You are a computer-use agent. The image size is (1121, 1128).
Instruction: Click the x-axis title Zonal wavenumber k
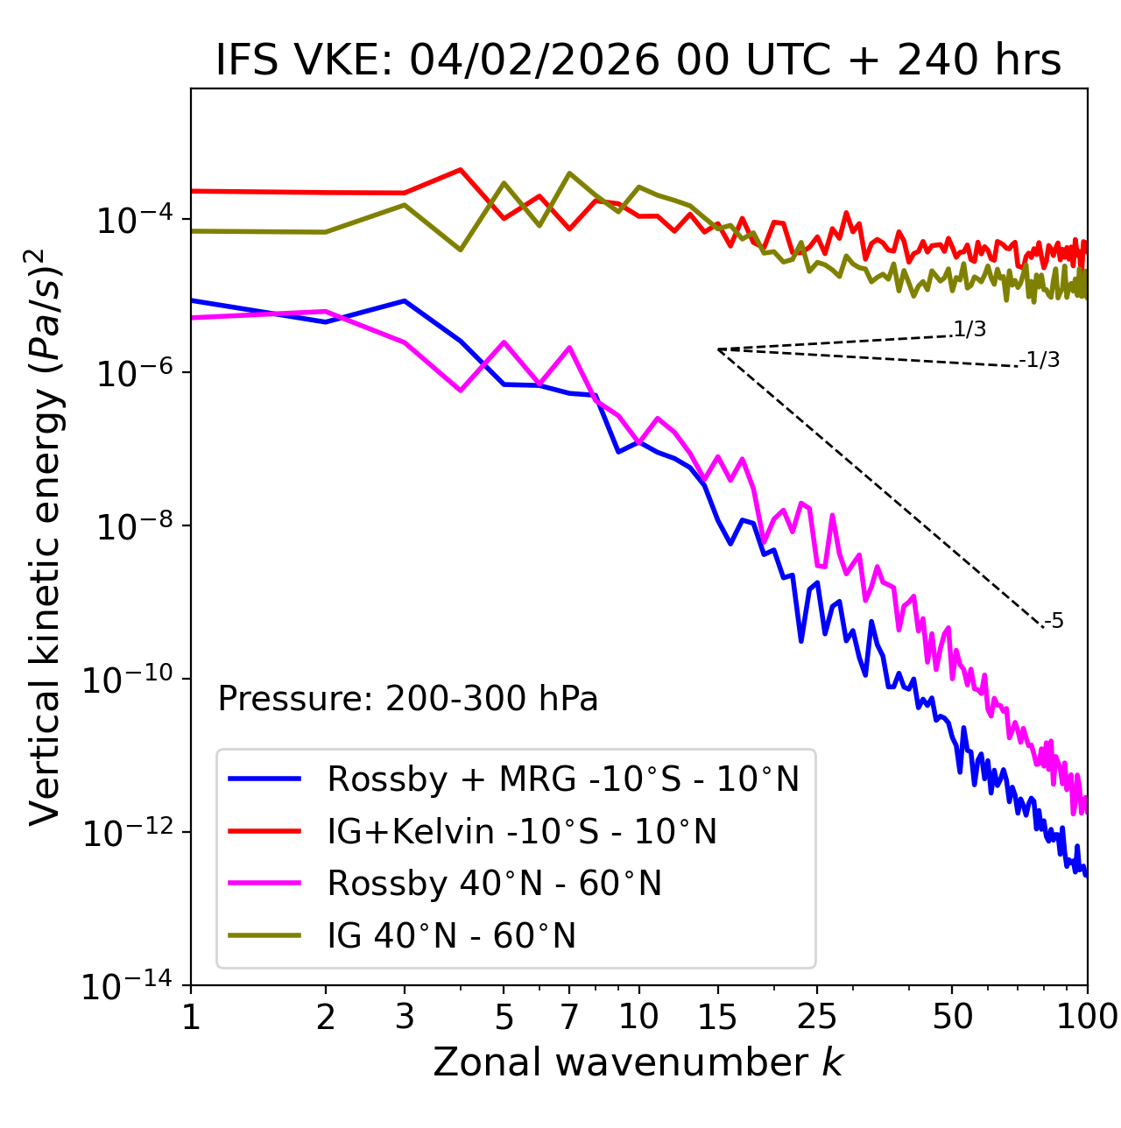pyautogui.click(x=638, y=1061)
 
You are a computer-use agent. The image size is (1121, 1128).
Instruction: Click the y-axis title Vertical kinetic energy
pyautogui.click(x=46, y=536)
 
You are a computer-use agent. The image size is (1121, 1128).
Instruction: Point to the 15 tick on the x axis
pyautogui.click(x=717, y=1017)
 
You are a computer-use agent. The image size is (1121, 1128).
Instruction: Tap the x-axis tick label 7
pyautogui.click(x=569, y=1017)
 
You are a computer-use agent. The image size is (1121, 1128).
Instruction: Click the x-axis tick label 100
pyautogui.click(x=1087, y=1017)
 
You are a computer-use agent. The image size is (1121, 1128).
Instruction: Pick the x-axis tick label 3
pyautogui.click(x=404, y=1017)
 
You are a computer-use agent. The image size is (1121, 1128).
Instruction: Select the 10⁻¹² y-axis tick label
pyautogui.click(x=126, y=833)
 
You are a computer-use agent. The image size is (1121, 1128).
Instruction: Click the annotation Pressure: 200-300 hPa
pyautogui.click(x=408, y=699)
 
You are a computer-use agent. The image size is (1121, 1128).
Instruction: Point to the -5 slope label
pyautogui.click(x=1054, y=621)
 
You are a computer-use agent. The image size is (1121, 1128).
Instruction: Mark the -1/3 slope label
pyautogui.click(x=1040, y=359)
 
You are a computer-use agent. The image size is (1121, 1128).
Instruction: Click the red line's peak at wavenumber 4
pyautogui.click(x=461, y=170)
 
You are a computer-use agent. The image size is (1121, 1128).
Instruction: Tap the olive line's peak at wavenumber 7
pyautogui.click(x=569, y=173)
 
